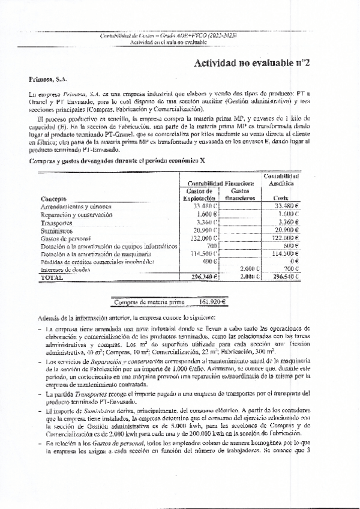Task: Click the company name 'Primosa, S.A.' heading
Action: [x=48, y=79]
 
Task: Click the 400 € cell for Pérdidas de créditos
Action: [x=210, y=262]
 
